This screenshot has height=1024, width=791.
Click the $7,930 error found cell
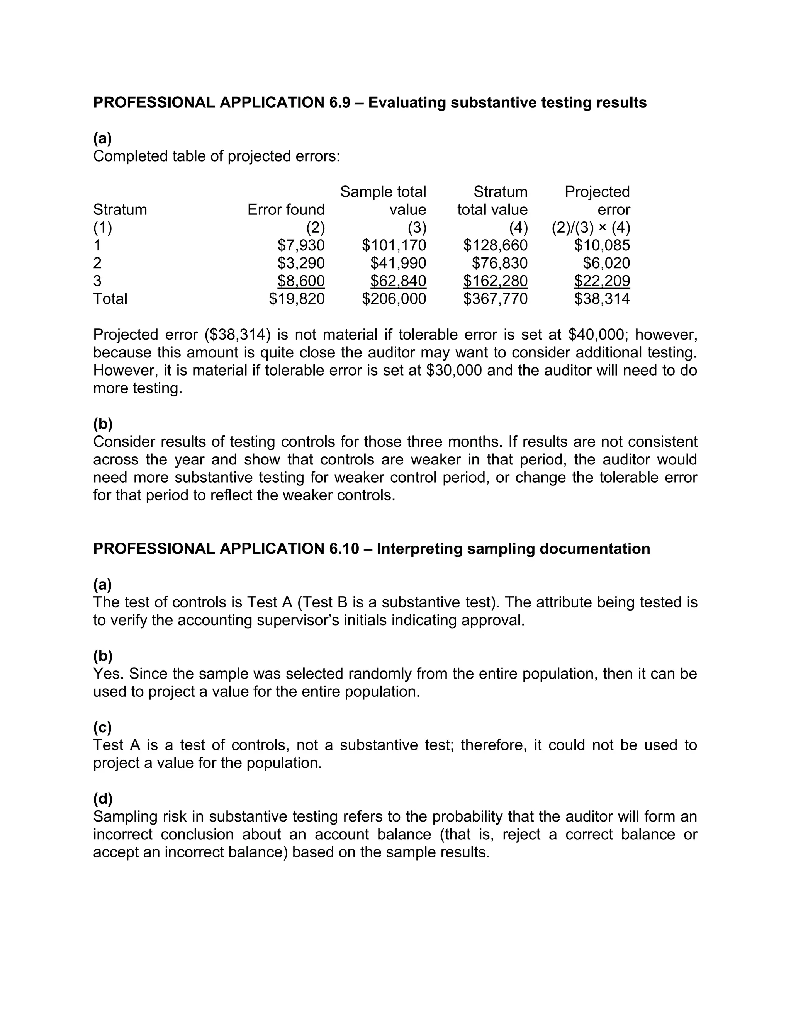[301, 245]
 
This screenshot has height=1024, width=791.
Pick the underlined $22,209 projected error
[602, 281]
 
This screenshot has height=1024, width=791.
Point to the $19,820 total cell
[297, 299]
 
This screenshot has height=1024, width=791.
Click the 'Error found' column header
[286, 209]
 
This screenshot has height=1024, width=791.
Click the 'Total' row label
[110, 299]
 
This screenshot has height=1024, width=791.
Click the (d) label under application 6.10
[103, 798]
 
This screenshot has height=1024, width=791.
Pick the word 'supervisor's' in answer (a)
[294, 620]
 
